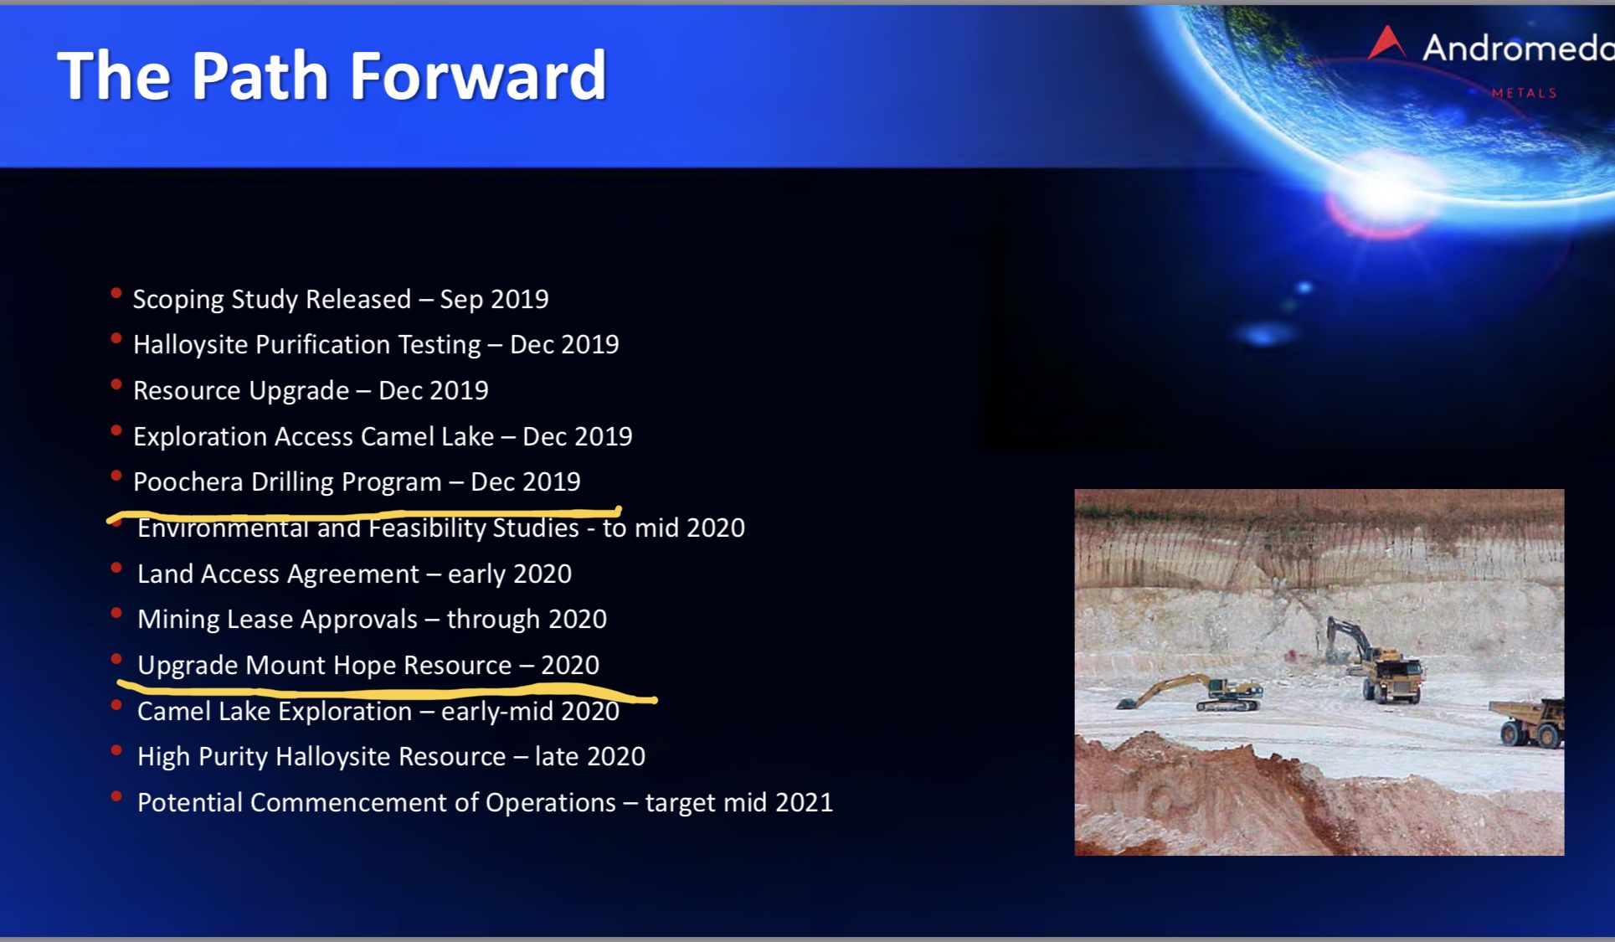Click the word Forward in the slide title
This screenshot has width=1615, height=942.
point(477,75)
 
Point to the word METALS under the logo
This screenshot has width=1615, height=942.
point(1524,93)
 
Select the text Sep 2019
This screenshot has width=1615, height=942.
point(494,299)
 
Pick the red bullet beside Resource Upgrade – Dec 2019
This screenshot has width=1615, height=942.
point(116,385)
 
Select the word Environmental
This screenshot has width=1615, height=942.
point(224,528)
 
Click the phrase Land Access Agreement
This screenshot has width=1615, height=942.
point(278,574)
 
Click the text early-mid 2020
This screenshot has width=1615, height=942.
point(530,712)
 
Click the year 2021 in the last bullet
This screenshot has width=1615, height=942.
point(804,803)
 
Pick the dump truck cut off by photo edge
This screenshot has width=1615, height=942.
point(1527,723)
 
